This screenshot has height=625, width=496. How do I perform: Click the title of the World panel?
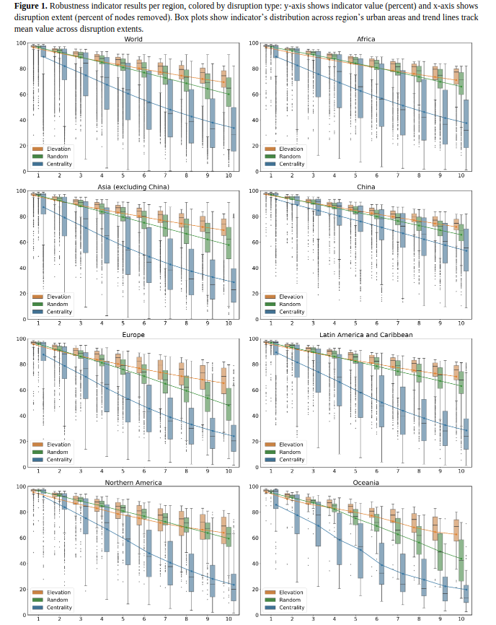(x=133, y=39)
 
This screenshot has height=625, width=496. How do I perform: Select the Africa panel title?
(x=366, y=39)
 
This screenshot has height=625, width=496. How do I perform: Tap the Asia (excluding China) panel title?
(x=133, y=188)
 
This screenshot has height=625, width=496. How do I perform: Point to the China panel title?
(x=366, y=188)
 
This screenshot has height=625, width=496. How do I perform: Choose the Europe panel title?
(x=133, y=335)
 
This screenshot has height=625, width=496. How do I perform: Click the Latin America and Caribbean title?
(x=366, y=335)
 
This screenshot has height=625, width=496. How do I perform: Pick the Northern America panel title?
(x=133, y=482)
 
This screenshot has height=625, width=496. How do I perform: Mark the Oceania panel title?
(x=366, y=482)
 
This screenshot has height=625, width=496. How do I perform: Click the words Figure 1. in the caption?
(x=30, y=6)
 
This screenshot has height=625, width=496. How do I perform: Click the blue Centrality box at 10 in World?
(x=234, y=131)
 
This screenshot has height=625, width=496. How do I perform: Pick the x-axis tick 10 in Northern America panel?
(x=229, y=619)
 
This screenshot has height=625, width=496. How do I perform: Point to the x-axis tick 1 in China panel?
(x=270, y=323)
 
